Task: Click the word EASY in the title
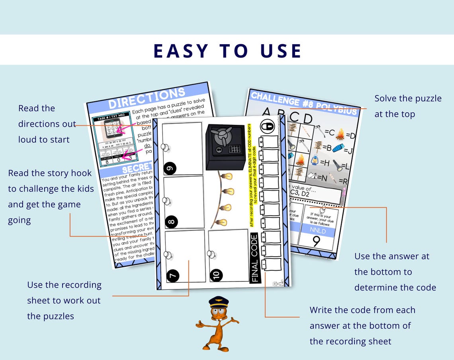[x=181, y=51]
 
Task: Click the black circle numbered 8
[x=170, y=222]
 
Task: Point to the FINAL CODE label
[x=255, y=258]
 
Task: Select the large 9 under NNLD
[x=316, y=242]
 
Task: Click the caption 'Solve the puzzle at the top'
[x=407, y=106]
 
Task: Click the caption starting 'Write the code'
[x=362, y=325]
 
